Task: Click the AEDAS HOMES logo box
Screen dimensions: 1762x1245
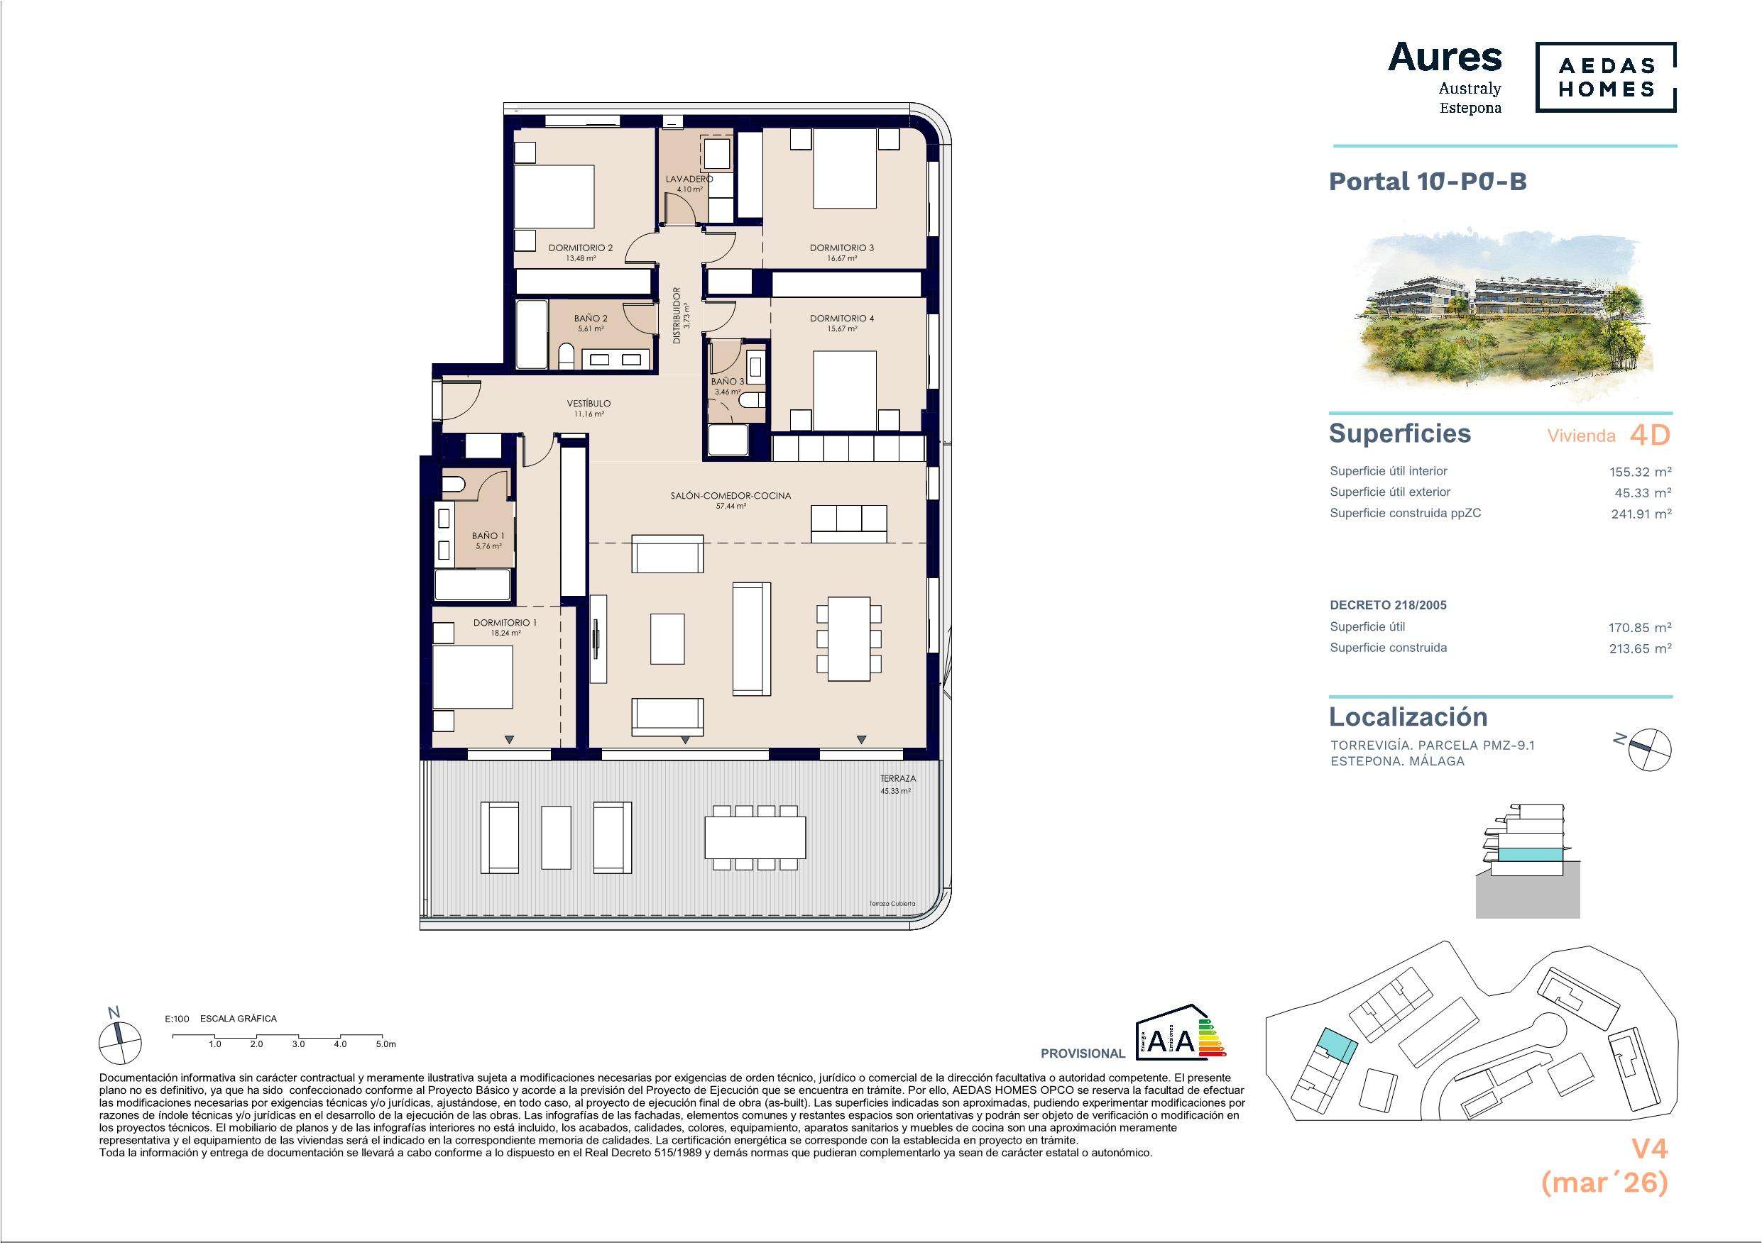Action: click(1605, 77)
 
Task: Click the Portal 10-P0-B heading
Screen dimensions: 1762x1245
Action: click(1428, 182)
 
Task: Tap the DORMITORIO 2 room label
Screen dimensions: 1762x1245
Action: click(580, 248)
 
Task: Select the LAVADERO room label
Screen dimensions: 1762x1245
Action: click(689, 179)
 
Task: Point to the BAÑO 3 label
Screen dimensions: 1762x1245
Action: click(728, 381)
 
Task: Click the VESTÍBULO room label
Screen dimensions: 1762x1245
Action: click(589, 404)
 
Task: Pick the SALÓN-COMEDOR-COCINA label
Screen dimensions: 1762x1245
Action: click(730, 496)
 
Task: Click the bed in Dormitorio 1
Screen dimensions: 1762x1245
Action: click(473, 677)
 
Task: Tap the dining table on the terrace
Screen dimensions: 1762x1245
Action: click(755, 837)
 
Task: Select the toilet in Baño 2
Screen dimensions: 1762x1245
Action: click(566, 357)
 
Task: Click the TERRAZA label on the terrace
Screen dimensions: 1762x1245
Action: click(898, 779)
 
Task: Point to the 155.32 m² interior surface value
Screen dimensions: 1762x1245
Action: click(1640, 472)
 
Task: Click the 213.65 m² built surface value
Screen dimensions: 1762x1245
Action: click(1640, 648)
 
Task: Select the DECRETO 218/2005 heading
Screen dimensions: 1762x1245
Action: click(1389, 605)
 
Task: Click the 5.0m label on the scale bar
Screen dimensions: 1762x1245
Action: click(386, 1044)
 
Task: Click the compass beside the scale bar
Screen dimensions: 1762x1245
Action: click(120, 1041)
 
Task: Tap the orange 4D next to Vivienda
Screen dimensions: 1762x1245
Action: click(1650, 436)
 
